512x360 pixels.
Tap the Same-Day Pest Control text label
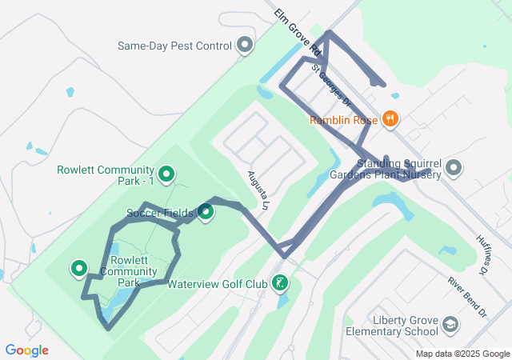pyautogui.click(x=174, y=46)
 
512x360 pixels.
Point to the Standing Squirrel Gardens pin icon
pyautogui.click(x=454, y=168)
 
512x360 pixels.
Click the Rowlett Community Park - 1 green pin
pyautogui.click(x=166, y=173)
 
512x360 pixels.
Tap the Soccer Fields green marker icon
pyautogui.click(x=206, y=212)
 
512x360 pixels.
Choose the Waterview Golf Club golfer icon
pyautogui.click(x=280, y=282)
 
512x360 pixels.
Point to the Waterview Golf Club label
pyautogui.click(x=218, y=284)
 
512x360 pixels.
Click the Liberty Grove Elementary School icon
pyautogui.click(x=450, y=325)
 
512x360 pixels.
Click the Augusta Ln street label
pyautogui.click(x=256, y=189)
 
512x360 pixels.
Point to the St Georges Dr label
pyautogui.click(x=331, y=85)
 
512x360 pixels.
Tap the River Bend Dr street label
pyautogui.click(x=466, y=296)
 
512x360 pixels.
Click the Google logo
pyautogui.click(x=26, y=350)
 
